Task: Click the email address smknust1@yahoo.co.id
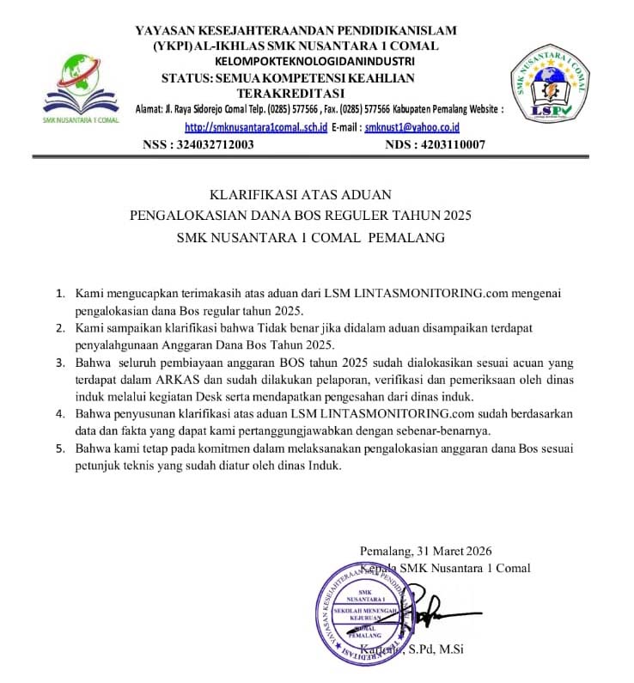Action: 413,127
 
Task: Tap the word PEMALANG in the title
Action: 405,238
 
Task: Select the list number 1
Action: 60,294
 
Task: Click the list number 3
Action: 60,363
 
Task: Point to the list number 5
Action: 60,448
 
